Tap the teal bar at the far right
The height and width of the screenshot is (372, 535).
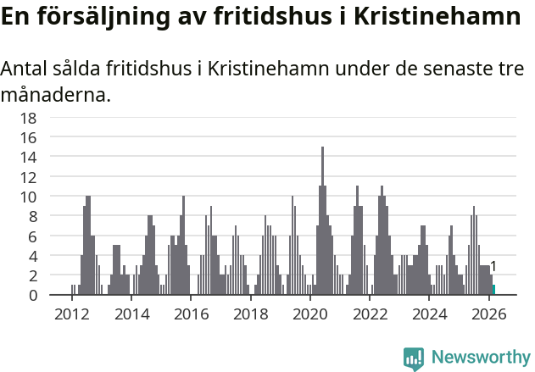[494, 290]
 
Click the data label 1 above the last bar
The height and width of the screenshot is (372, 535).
[493, 267]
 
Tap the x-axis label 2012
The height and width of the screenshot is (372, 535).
[71, 314]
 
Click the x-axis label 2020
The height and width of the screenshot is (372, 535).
[310, 314]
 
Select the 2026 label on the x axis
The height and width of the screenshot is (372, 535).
[489, 314]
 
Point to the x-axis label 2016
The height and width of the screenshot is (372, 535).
[191, 314]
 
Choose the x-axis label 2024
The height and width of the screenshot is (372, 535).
[430, 314]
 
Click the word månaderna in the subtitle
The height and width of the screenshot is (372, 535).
[56, 95]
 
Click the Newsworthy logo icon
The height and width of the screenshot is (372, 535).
[414, 358]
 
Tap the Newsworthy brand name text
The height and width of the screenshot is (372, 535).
[481, 358]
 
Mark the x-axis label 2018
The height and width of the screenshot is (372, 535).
[251, 314]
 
